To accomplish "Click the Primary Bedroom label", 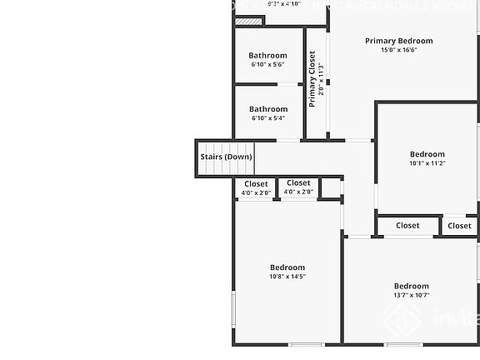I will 398,41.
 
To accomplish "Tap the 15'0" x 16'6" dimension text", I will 398,50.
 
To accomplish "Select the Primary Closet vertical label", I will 312,79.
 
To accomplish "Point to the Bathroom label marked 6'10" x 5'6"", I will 267,56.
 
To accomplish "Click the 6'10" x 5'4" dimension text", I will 267,118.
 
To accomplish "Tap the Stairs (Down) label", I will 226,157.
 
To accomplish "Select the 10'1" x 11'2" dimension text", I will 427,163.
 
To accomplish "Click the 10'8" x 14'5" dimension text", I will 287,277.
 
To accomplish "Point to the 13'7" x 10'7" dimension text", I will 411,295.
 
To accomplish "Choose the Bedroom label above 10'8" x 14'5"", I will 287,267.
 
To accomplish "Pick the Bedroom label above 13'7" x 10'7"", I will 411,286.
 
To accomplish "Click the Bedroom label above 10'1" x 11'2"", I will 427,154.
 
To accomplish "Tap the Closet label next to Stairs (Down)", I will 256,184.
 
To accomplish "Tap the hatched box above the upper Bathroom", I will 249,21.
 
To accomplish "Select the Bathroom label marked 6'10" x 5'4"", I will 267,109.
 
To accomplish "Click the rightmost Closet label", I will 459,226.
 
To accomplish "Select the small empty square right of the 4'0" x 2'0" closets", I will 330,187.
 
